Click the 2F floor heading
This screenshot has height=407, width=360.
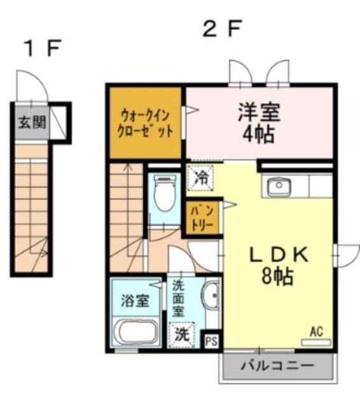pos(222,29)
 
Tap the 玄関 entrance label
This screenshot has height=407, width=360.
pos(31,122)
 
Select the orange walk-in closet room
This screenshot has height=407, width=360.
pos(146,123)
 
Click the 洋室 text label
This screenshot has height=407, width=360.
pos(259,112)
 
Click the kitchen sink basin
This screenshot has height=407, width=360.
pos(279,186)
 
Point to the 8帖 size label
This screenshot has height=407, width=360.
pos(277,277)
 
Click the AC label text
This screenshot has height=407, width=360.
pos(317,331)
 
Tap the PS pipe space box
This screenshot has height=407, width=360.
pos(212,341)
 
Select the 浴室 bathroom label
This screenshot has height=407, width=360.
pos(135,300)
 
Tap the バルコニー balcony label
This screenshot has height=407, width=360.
pos(277,366)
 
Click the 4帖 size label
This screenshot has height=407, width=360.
pos(259,135)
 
